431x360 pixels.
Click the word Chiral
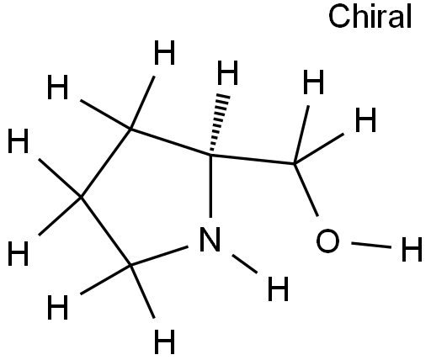click(x=370, y=17)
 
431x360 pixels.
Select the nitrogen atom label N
click(x=210, y=239)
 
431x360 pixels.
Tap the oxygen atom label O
click(x=327, y=241)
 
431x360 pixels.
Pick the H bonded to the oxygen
click(x=412, y=249)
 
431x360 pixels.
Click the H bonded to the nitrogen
click(x=278, y=289)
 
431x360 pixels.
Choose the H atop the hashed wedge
click(x=227, y=72)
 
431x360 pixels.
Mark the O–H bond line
click(x=371, y=245)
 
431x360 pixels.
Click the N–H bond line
click(x=245, y=263)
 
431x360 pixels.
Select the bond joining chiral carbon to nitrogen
click(x=210, y=186)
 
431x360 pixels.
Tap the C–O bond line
click(x=306, y=190)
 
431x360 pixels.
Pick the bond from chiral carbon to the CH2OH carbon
click(x=253, y=159)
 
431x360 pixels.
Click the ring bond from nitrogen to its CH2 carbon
click(x=159, y=256)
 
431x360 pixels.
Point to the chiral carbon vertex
click(x=210, y=154)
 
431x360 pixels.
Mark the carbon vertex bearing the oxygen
click(x=294, y=163)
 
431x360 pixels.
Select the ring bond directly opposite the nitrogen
click(x=106, y=163)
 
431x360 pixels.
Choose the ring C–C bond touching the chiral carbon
click(x=170, y=141)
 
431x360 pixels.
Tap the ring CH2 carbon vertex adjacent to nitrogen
click(x=130, y=265)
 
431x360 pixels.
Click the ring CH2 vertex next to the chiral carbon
click(x=130, y=129)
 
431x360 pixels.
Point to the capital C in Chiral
click(x=339, y=17)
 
